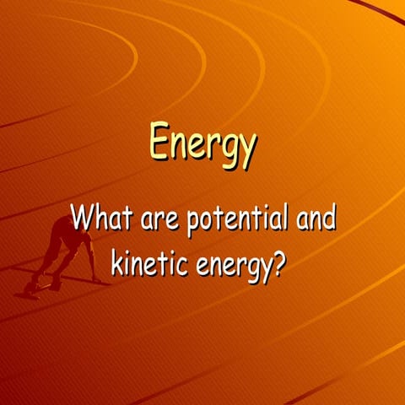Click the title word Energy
click(x=202, y=144)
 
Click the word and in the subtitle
click(x=311, y=219)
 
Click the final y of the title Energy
click(x=246, y=150)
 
